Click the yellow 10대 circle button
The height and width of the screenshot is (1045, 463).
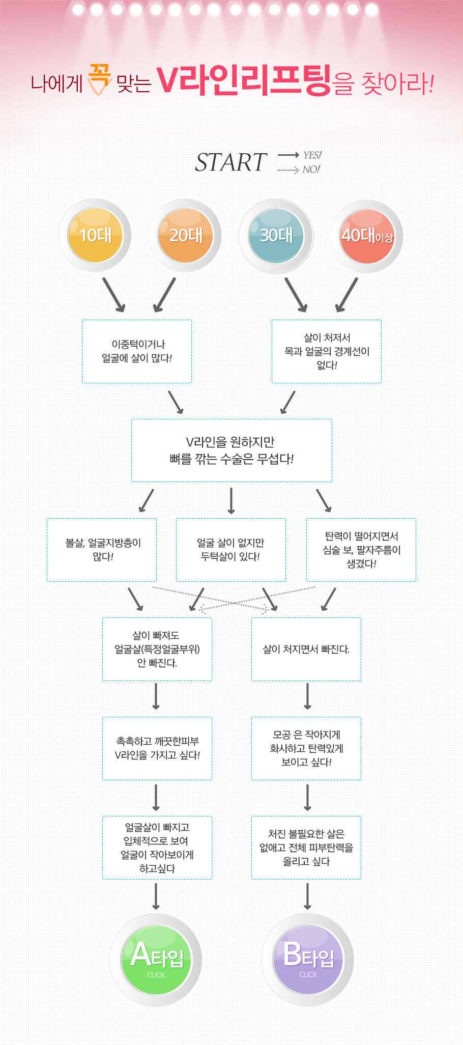pos(95,236)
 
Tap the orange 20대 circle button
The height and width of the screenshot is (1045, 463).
pos(186,236)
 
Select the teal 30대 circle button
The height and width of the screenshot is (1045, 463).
pos(276,236)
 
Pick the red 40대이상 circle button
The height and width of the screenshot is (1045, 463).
pos(367,236)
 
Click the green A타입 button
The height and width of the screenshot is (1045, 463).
pos(156,959)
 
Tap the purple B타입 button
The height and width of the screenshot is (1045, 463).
pos(308,959)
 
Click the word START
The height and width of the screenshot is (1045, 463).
pos(231,163)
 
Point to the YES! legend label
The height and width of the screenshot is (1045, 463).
pos(312,155)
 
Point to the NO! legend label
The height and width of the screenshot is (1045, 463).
pos(311,170)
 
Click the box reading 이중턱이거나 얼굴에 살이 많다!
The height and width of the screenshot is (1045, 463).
pos(137,351)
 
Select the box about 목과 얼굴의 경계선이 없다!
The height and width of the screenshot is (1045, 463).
pos(327,351)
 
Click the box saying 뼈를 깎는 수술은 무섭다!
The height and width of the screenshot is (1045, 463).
pos(231,450)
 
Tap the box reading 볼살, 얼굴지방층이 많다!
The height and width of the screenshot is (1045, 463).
pos(102,550)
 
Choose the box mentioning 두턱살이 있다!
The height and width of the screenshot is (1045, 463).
pos(231,550)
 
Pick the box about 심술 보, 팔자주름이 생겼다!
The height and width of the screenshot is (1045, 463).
pos(361,550)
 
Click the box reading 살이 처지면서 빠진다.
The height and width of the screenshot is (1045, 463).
pos(306,649)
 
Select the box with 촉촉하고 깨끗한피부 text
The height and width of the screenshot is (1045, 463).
pos(157,748)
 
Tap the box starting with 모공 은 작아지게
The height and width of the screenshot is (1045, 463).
pos(306,748)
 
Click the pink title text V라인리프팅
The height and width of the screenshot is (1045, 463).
pos(244,80)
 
